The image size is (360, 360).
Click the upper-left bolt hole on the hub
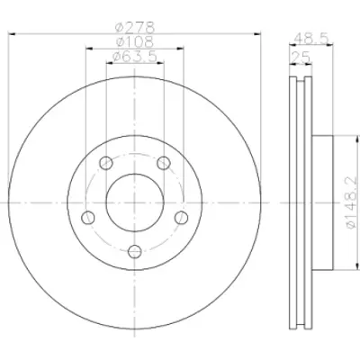click(106, 163)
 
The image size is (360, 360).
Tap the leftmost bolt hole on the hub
click(89, 217)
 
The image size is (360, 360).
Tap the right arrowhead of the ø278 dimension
click(258, 35)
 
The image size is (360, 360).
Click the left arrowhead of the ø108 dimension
click(87, 49)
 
